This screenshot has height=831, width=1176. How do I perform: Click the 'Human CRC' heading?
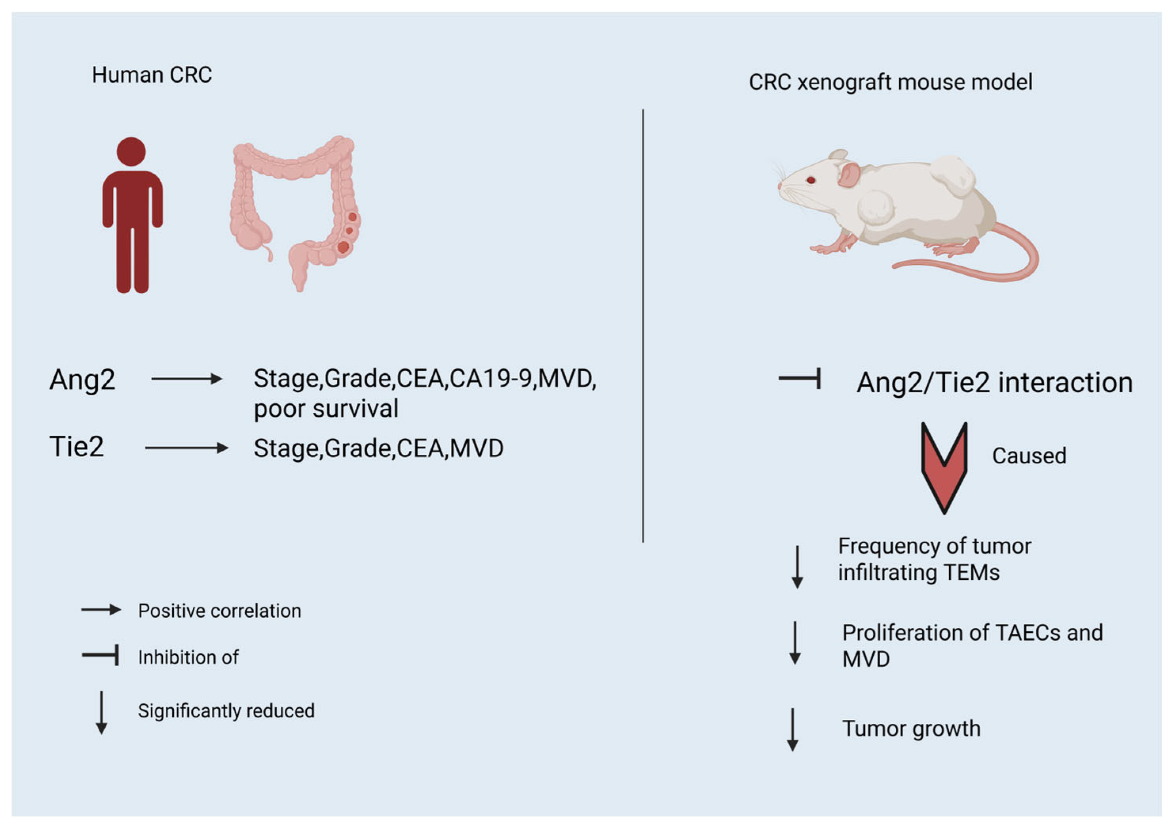[152, 75]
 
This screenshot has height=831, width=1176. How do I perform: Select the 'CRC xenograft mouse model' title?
[890, 82]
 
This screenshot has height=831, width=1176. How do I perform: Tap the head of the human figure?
[131, 152]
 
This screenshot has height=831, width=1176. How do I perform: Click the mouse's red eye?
[811, 180]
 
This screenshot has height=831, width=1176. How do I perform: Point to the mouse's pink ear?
[849, 174]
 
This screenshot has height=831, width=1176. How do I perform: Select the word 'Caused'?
[1029, 456]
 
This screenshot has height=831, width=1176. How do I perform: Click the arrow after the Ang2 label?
[187, 379]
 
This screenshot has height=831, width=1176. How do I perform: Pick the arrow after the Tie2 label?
[187, 448]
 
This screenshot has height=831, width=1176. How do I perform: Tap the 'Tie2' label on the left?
[77, 446]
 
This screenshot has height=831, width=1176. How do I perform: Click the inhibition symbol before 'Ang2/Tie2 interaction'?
[800, 379]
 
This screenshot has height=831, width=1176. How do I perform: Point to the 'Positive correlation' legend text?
[219, 611]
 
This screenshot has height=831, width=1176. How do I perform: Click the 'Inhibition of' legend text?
[188, 657]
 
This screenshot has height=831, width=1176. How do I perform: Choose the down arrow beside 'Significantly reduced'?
[101, 713]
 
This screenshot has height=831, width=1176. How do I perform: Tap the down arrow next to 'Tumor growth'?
[792, 730]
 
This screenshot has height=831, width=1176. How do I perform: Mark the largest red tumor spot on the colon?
[343, 247]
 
